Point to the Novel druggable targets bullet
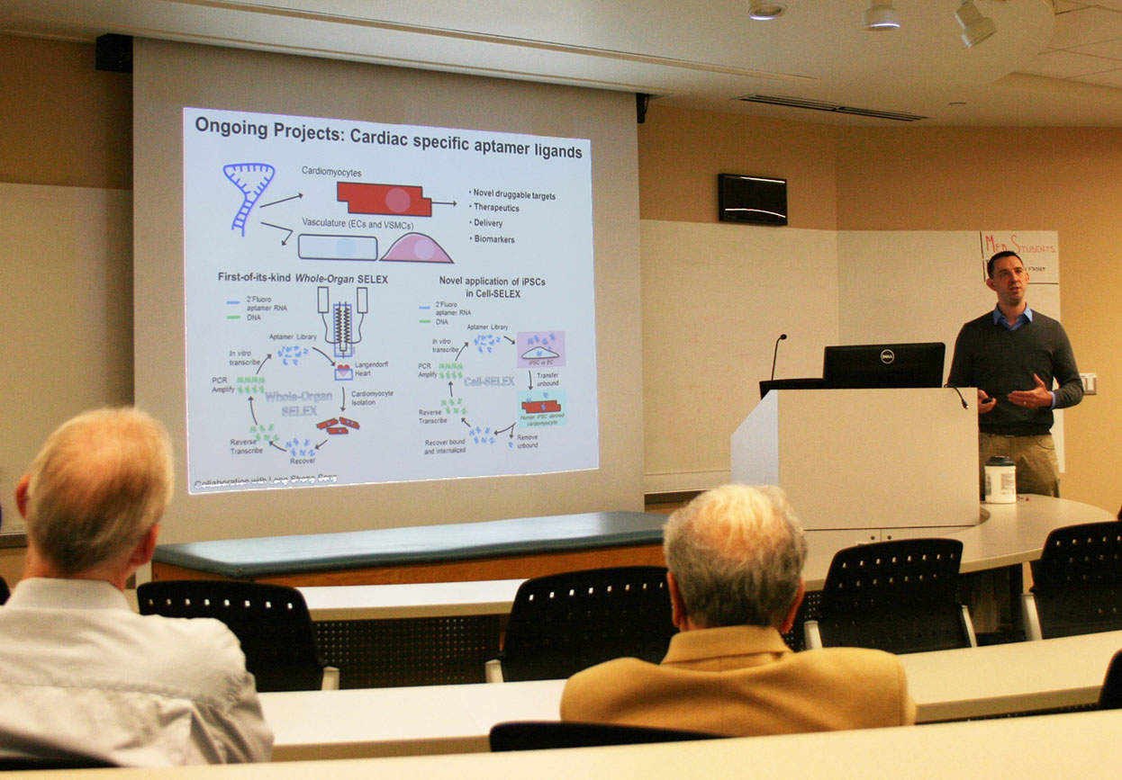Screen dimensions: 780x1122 tap(514, 194)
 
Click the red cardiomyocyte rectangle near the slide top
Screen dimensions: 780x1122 tap(385, 199)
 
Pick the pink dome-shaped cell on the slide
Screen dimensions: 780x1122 tap(416, 248)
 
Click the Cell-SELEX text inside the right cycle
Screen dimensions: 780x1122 tap(489, 381)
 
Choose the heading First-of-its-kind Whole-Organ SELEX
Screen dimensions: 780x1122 tap(303, 279)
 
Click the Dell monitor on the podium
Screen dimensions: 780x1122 tap(882, 365)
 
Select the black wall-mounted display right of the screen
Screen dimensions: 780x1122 tap(752, 199)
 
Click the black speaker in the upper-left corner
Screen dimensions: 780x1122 tap(113, 53)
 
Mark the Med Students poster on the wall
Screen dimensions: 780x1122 tap(1019, 256)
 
